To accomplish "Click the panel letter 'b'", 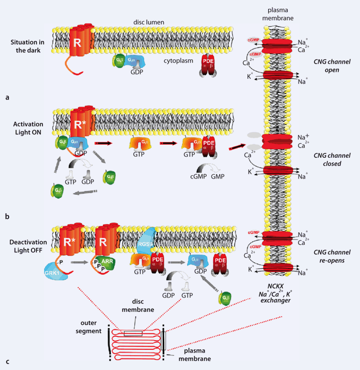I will [7, 217].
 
